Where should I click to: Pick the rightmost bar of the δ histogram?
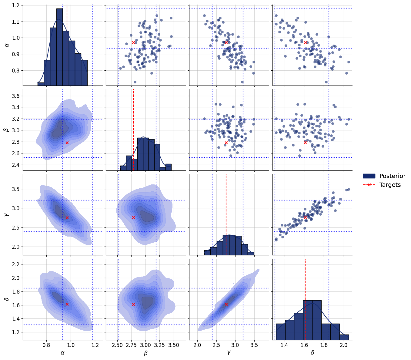pos(344,337)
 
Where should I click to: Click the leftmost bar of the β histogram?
pos(123,168)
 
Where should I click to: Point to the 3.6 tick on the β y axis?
pos(16,96)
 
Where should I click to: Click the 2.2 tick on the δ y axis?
pos(16,264)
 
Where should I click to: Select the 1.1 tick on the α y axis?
pos(16,22)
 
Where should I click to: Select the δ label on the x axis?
pos(312,353)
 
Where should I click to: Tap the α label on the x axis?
pos(62,353)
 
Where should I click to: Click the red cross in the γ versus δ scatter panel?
pos(305,217)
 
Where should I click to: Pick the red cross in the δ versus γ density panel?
pos(226,304)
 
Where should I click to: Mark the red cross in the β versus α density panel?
pos(67,143)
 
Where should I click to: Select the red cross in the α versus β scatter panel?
pos(133,42)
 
